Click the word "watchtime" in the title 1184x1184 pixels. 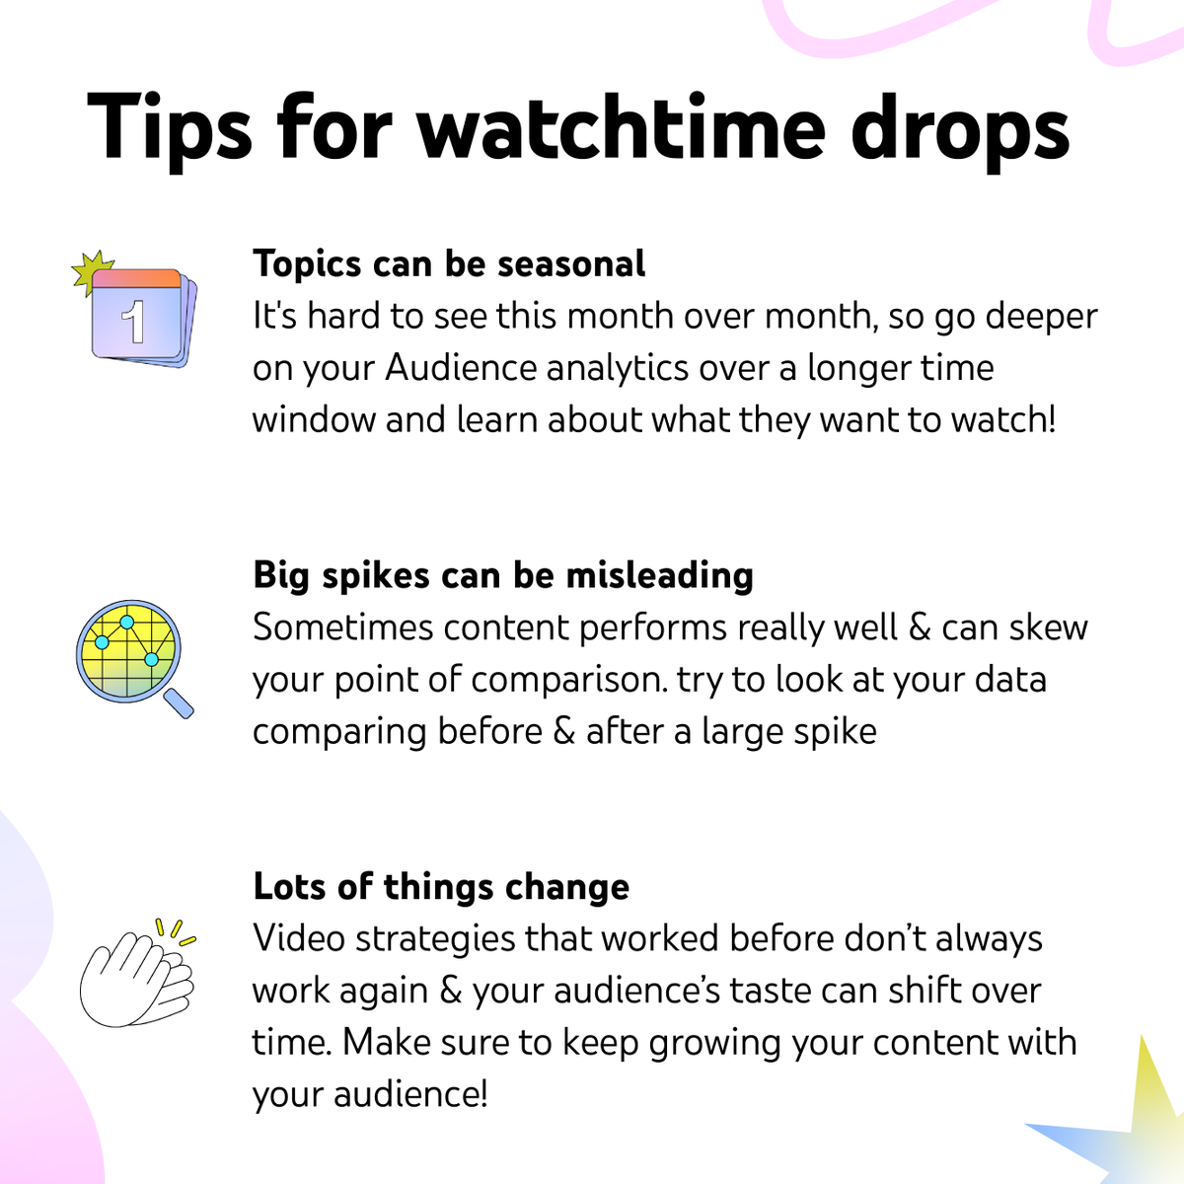tap(621, 128)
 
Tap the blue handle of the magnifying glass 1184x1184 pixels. tap(179, 703)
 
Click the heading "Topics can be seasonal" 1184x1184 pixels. tap(449, 264)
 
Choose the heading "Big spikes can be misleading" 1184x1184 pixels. tap(503, 575)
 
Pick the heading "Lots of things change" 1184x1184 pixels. tap(441, 886)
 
